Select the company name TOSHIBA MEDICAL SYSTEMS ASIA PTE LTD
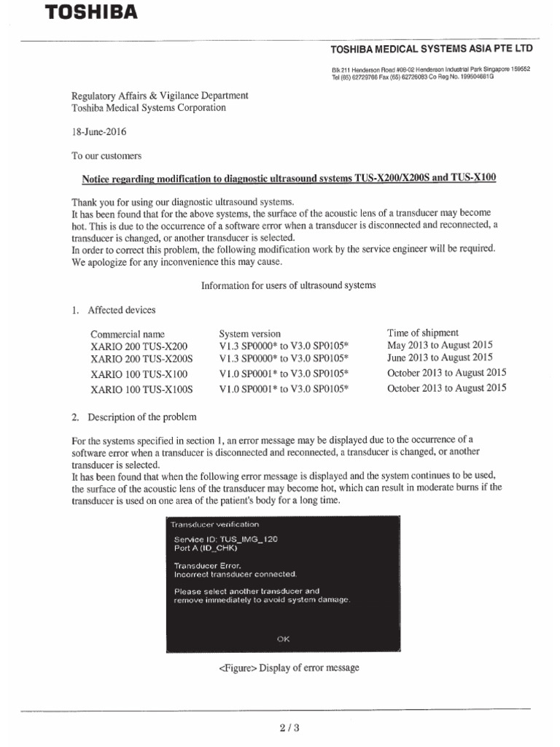pyautogui.click(x=432, y=49)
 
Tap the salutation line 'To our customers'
pyautogui.click(x=106, y=156)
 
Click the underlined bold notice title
pyautogui.click(x=288, y=179)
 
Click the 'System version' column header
pyautogui.click(x=249, y=334)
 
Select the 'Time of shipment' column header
pyautogui.click(x=423, y=333)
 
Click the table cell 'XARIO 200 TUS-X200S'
pyautogui.click(x=141, y=360)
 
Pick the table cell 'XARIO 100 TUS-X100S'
pyautogui.click(x=141, y=390)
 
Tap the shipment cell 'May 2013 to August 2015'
pyautogui.click(x=440, y=345)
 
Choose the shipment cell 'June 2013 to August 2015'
pyautogui.click(x=440, y=357)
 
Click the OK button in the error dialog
pyautogui.click(x=283, y=639)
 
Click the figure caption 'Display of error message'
pyautogui.click(x=289, y=668)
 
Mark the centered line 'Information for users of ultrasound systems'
pyautogui.click(x=288, y=285)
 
